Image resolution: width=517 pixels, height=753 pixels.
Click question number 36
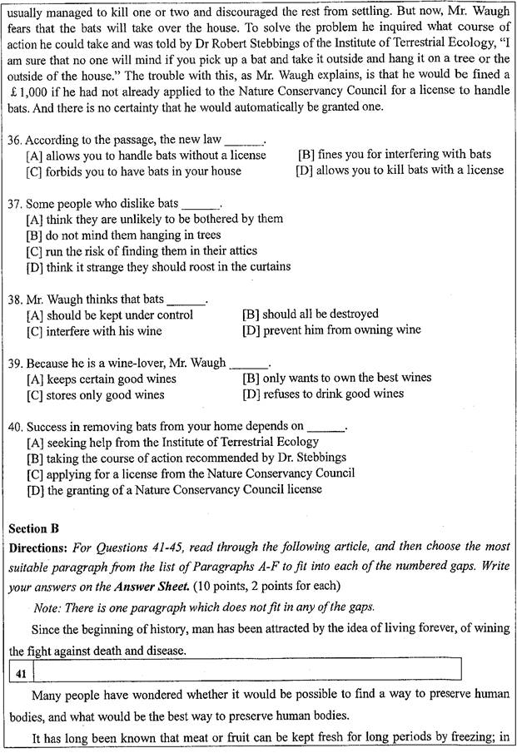coord(16,141)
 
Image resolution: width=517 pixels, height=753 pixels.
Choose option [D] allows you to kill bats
coord(399,171)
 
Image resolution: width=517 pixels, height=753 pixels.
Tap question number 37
coord(16,204)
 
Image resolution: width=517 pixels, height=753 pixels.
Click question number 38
coord(16,299)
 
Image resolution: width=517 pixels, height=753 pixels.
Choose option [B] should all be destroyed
coord(310,315)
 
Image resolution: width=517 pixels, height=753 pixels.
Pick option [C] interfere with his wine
coord(94,330)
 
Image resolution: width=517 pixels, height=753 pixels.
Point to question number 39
coord(16,363)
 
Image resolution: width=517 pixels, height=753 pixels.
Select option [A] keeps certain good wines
coord(101,379)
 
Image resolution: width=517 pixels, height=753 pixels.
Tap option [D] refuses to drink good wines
coord(322,394)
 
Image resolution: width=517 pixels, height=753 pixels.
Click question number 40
coord(16,426)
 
